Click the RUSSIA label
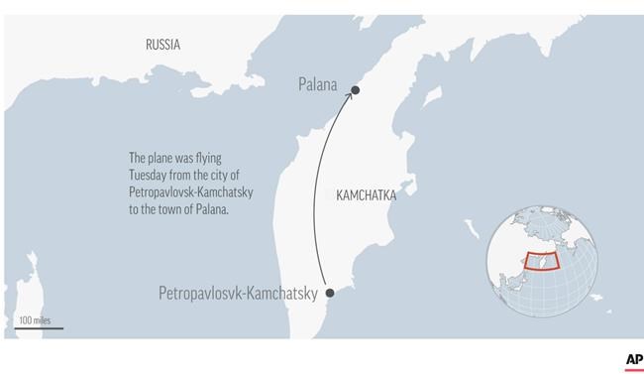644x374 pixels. pos(162,45)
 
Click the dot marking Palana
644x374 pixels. pos(355,91)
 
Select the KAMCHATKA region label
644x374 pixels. pos(366,195)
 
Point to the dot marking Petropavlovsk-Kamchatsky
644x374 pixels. pos(330,293)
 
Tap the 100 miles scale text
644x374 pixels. pos(35,319)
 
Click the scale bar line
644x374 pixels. pos(40,327)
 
